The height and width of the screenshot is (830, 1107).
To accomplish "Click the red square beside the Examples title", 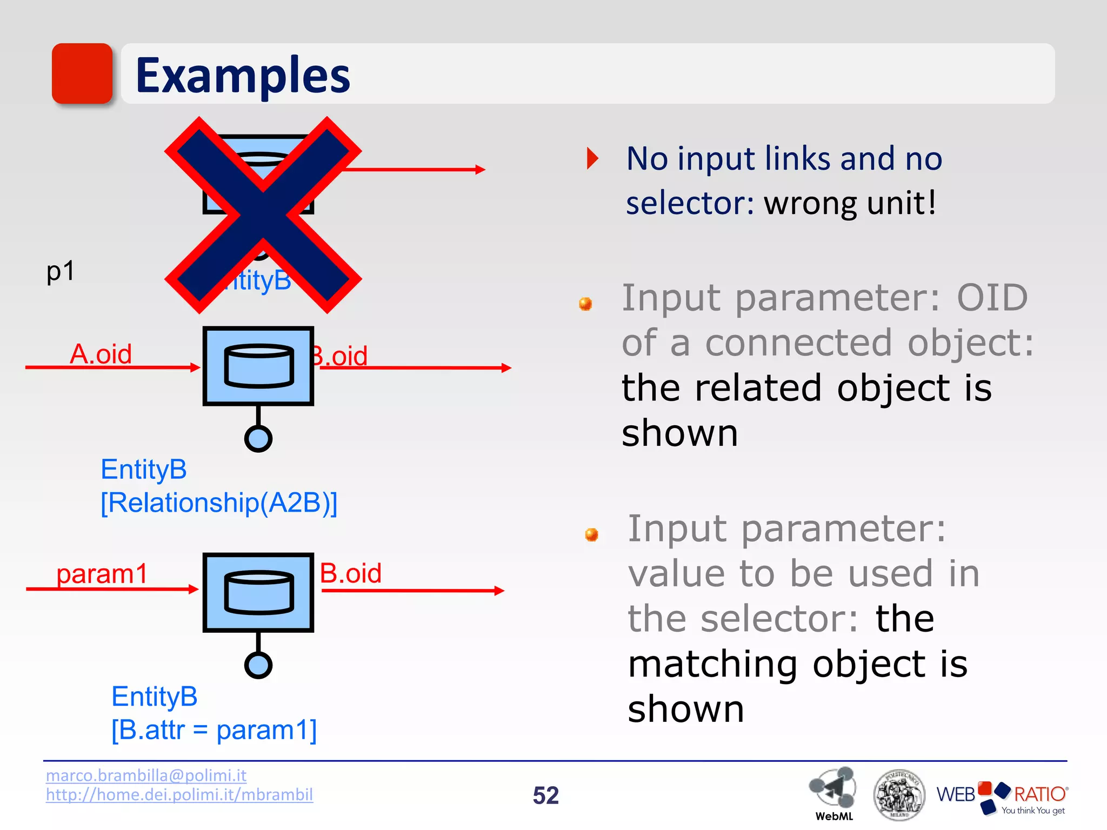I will click(82, 73).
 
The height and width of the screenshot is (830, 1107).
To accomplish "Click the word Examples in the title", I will click(243, 75).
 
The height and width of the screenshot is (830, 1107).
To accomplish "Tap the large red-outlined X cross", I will click(263, 215).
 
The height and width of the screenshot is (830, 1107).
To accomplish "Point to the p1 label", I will click(60, 271).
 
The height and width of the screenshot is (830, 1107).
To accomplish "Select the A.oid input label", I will click(101, 354).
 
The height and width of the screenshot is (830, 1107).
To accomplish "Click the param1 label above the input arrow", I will click(102, 574).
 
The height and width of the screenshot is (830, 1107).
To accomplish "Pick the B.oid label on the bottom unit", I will click(350, 573).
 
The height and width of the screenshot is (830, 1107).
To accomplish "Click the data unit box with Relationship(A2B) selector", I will click(258, 366).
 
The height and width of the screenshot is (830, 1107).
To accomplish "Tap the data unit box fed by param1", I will click(258, 592).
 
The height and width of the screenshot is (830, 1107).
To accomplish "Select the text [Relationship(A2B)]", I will click(219, 503).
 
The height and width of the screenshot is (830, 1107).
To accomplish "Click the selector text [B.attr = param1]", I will click(214, 730).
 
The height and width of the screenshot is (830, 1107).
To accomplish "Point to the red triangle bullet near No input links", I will click(593, 158).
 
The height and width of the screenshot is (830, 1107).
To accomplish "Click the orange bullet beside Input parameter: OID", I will click(585, 304).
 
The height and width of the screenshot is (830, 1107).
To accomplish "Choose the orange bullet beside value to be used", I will click(592, 534).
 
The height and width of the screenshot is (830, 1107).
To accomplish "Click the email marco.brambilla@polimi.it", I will click(146, 775).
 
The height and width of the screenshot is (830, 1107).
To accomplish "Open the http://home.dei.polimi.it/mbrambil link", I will click(179, 795).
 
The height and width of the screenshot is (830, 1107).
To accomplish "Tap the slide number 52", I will click(545, 795).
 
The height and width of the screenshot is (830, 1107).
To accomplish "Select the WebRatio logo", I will click(1002, 797).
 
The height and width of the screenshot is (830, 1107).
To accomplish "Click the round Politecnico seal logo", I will click(899, 795).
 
